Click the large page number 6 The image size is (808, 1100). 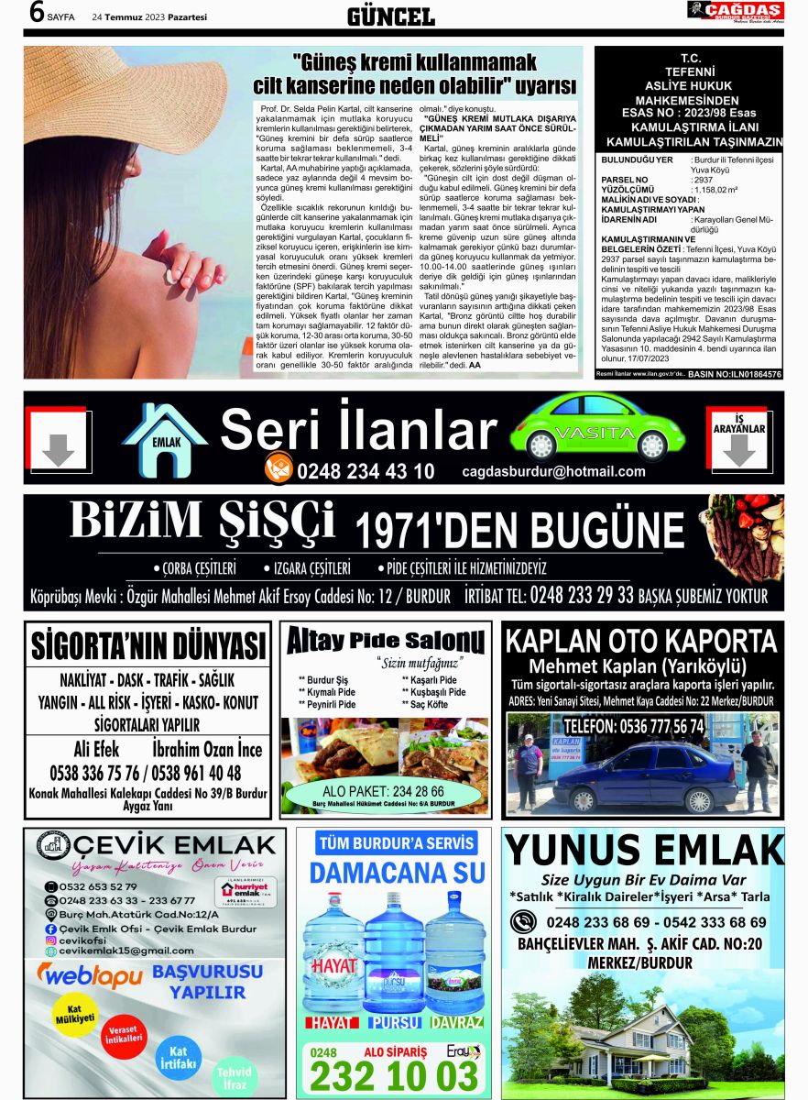38,13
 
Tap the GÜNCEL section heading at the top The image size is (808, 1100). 391,16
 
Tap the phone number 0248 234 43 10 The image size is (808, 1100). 365,472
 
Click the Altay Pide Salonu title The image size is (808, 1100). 385,641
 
